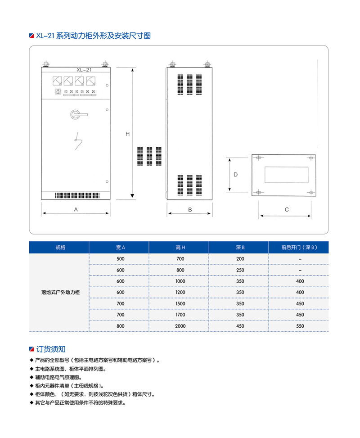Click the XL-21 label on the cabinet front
(x=84, y=70)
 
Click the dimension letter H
(x=127, y=134)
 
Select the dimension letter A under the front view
(x=76, y=209)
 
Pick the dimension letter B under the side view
(x=190, y=209)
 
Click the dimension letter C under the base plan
(x=287, y=209)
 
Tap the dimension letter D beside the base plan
(x=235, y=174)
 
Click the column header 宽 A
(x=120, y=248)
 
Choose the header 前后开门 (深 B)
(x=299, y=248)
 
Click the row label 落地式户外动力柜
(x=60, y=292)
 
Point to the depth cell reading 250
(x=240, y=270)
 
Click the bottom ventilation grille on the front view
(x=76, y=196)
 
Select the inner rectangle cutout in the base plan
(x=286, y=175)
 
